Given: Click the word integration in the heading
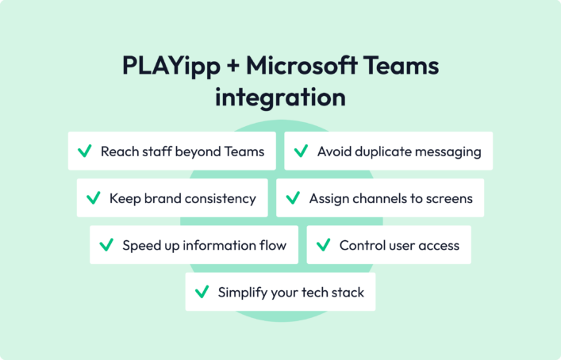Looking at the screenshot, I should click(280, 98).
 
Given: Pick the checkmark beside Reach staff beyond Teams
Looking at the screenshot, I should click(83, 151).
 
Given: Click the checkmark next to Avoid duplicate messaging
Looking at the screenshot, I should click(300, 151).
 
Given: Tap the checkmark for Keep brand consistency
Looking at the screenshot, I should click(92, 197).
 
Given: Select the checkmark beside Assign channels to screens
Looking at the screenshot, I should click(292, 197).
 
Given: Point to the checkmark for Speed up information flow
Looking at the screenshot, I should click(106, 245).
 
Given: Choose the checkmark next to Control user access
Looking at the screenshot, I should click(322, 245).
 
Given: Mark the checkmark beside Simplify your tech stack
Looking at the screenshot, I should click(201, 292).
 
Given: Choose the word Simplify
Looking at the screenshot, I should click(243, 293).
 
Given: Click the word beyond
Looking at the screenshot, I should click(200, 151).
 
